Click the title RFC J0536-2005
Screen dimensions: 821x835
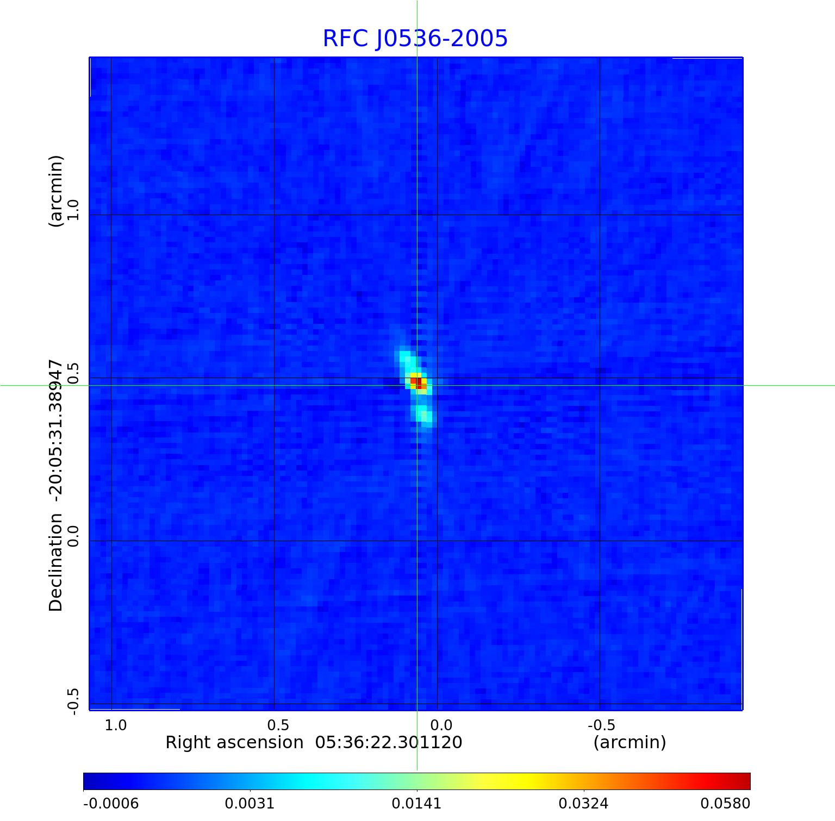point(415,39)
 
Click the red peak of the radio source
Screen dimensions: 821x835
point(416,382)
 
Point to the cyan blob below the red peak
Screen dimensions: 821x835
point(425,415)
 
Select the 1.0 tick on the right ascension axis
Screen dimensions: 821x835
point(116,725)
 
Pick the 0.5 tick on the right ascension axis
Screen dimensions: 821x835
point(278,725)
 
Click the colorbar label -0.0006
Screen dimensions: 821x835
point(111,803)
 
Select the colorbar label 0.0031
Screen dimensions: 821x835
point(250,803)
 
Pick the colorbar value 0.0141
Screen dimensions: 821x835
point(417,803)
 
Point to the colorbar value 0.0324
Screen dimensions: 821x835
point(583,803)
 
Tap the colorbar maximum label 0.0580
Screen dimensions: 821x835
point(725,803)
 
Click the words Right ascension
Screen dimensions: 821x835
point(234,742)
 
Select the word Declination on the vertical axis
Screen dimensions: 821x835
point(56,562)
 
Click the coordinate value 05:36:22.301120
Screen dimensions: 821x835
point(389,742)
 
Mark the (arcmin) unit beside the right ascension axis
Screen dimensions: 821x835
point(630,742)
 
